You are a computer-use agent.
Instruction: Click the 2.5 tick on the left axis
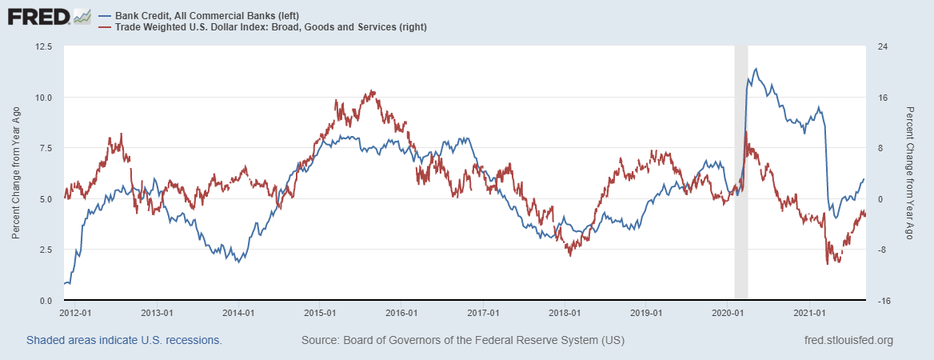[45, 250]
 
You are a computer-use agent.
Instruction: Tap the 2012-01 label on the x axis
[75, 313]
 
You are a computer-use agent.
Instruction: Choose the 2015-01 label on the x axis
[321, 313]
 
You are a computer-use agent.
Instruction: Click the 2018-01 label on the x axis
[565, 313]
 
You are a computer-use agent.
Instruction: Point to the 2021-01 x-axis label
[810, 313]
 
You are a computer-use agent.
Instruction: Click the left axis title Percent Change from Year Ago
[16, 174]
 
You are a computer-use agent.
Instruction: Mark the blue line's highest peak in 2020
[756, 69]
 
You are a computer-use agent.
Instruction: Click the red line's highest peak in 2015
[373, 91]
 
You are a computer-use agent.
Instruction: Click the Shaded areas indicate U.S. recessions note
[124, 341]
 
